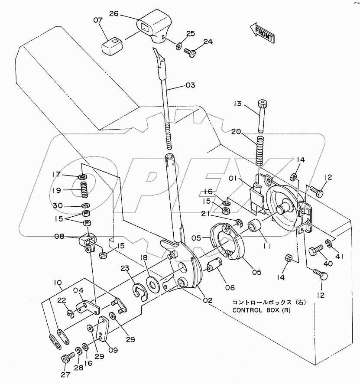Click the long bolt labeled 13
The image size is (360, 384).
261,116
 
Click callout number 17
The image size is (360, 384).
68,175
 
